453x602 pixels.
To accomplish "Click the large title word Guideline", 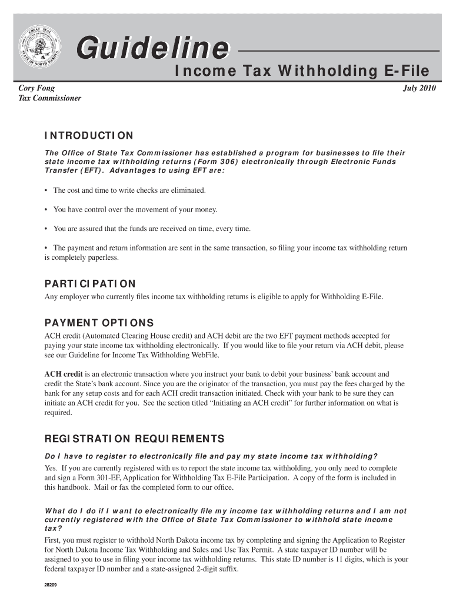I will (x=151, y=48).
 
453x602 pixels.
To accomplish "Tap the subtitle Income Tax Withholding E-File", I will (x=302, y=72).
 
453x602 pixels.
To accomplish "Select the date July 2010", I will (x=419, y=88).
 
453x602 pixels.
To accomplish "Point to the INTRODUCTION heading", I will (x=89, y=136).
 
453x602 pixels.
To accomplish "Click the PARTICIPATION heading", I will (x=90, y=283).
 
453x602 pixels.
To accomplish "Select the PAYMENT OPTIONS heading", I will (x=99, y=323).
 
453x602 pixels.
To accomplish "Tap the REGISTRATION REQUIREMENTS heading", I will (x=134, y=439).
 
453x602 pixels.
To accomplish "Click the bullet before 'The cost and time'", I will (x=46, y=190).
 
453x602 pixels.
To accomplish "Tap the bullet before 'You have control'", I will (x=46, y=209).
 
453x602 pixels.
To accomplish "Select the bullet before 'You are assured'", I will (x=46, y=229).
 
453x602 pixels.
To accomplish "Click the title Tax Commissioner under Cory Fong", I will (x=50, y=98).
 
